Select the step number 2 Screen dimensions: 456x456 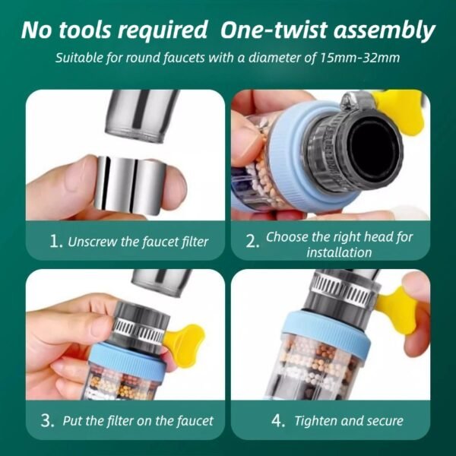pyautogui.click(x=252, y=242)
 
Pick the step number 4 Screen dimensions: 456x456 pyautogui.click(x=279, y=420)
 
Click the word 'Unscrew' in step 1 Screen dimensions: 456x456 pyautogui.click(x=95, y=242)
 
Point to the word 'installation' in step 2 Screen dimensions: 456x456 pyautogui.click(x=339, y=252)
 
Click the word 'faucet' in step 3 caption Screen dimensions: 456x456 pyautogui.click(x=189, y=420)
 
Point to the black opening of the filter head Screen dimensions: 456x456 pyautogui.click(x=378, y=145)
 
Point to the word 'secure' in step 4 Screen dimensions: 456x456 pyautogui.click(x=382, y=420)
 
